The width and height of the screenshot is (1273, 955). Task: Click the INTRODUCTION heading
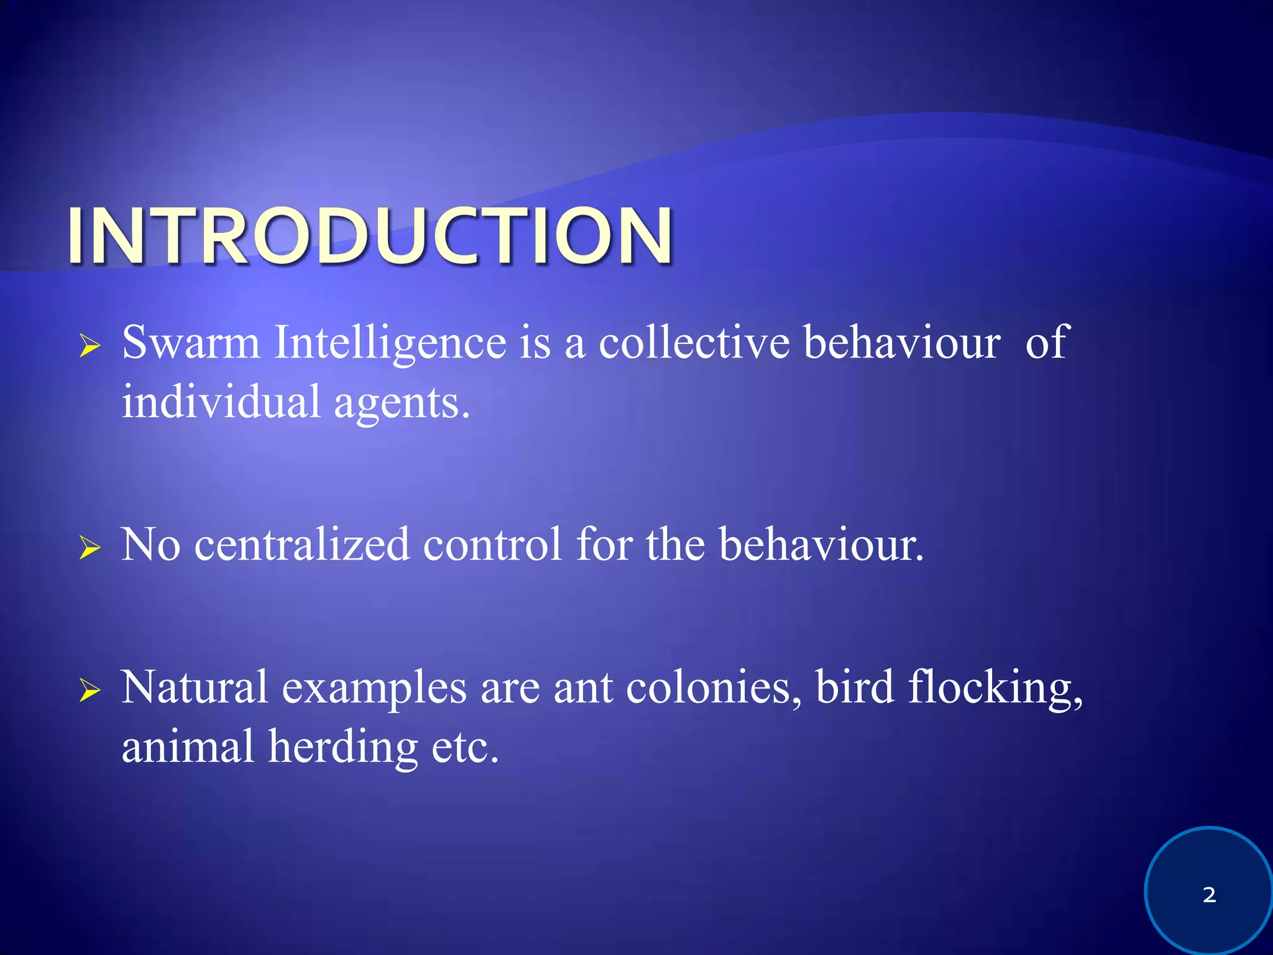[370, 236]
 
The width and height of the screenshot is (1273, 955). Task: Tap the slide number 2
[1209, 895]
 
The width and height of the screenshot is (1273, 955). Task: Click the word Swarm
[191, 343]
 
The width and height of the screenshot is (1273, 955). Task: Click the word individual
[221, 402]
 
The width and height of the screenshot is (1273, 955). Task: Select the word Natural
[195, 688]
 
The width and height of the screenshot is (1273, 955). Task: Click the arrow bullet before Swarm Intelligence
[90, 346]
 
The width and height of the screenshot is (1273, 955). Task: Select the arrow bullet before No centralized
[90, 548]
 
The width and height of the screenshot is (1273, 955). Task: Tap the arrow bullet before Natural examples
[90, 691]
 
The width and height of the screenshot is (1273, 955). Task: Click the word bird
[855, 688]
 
